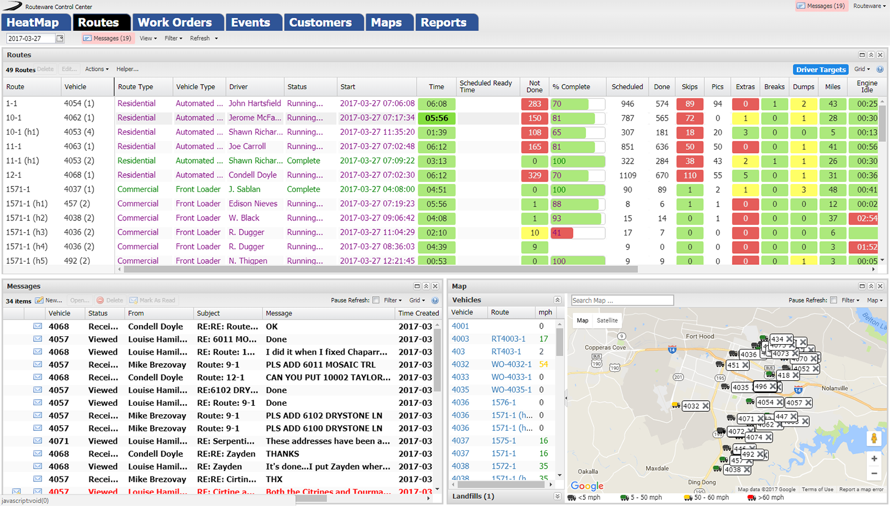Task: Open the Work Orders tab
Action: (x=175, y=23)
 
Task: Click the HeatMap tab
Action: (x=33, y=23)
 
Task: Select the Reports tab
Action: (x=443, y=23)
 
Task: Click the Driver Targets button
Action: (x=820, y=70)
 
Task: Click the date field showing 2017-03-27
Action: (x=31, y=38)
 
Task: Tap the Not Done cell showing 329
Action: (x=535, y=175)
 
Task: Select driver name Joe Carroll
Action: (x=247, y=146)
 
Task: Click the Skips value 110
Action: (x=690, y=175)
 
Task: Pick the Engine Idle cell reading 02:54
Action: (x=867, y=218)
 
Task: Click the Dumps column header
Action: (x=803, y=87)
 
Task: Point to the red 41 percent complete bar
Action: (x=561, y=233)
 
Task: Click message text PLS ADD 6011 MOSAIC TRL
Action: (x=320, y=365)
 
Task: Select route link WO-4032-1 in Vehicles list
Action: (x=511, y=364)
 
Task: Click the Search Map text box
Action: (x=622, y=301)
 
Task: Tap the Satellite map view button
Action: (x=607, y=321)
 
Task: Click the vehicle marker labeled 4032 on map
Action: (x=691, y=406)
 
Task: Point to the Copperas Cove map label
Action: (x=605, y=347)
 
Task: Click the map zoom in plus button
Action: (x=874, y=459)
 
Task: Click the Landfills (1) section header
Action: (x=473, y=496)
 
